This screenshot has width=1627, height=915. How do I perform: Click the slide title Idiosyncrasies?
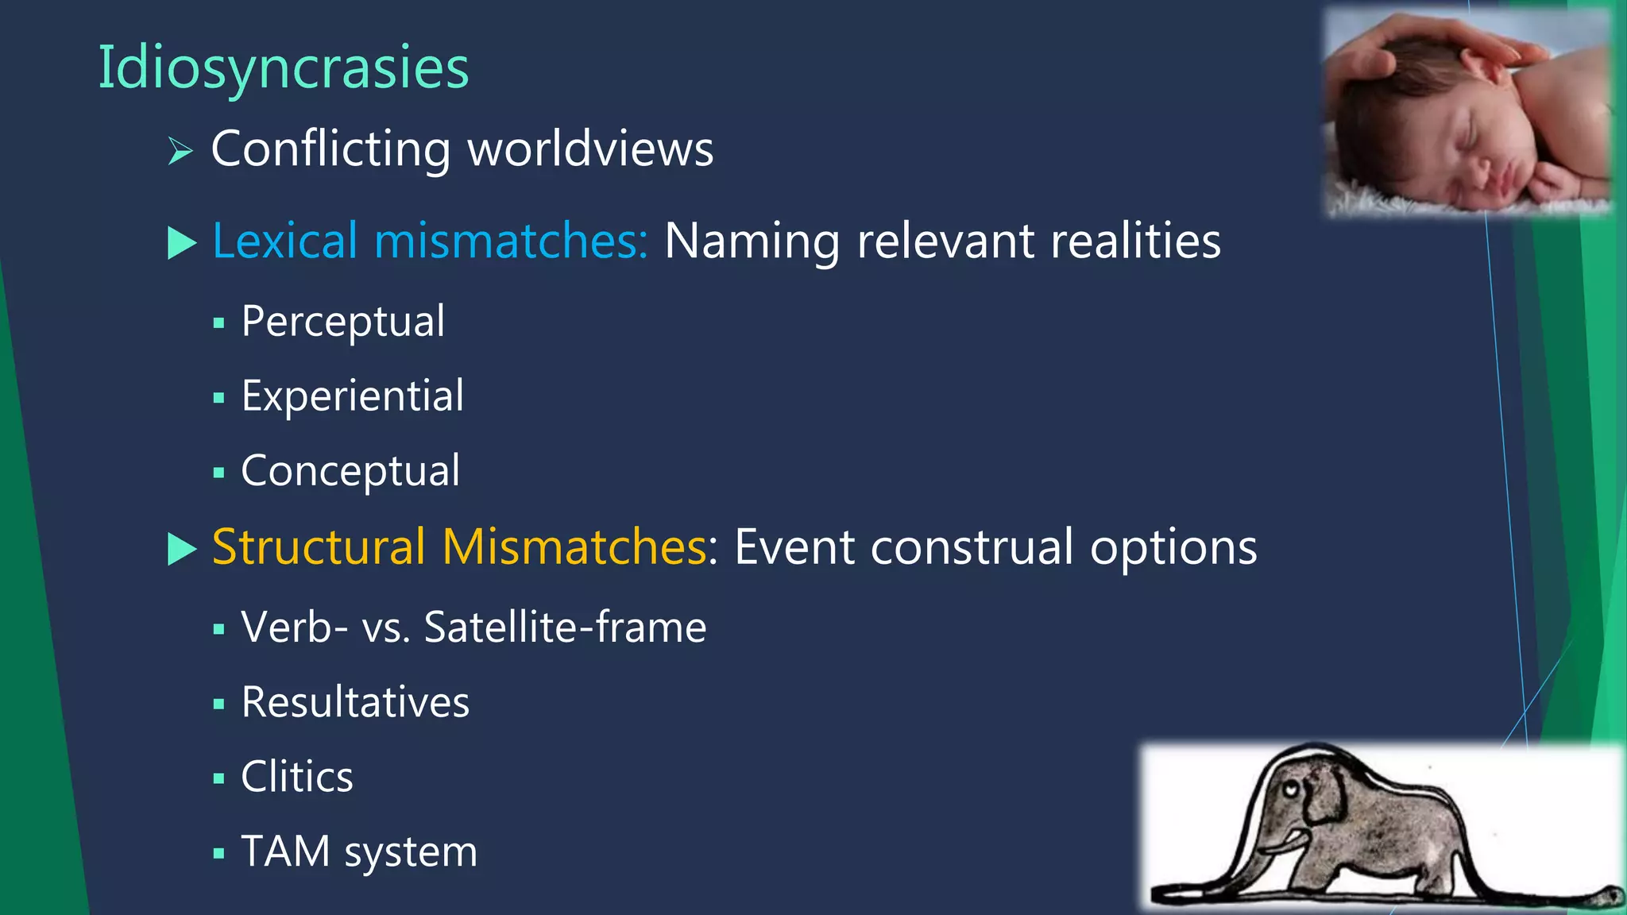click(x=283, y=68)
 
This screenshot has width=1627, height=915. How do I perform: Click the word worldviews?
click(x=590, y=149)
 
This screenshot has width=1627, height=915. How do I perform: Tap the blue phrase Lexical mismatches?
click(x=430, y=241)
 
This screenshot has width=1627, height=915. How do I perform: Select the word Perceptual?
click(x=342, y=322)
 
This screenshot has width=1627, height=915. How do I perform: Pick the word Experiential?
click(x=352, y=396)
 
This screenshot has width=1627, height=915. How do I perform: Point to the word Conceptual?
click(x=350, y=471)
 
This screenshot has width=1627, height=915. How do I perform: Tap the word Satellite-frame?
click(x=565, y=627)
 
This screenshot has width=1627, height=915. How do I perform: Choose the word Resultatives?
click(x=355, y=702)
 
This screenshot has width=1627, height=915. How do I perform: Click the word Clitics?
click(x=297, y=777)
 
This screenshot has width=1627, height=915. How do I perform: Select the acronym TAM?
click(x=285, y=851)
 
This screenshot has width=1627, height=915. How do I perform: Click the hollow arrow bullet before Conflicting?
click(x=180, y=150)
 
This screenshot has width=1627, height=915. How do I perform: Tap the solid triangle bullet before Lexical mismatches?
click(x=182, y=242)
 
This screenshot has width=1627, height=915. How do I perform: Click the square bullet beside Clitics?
click(x=219, y=778)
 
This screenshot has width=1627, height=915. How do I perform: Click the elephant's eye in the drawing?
click(x=1292, y=790)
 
